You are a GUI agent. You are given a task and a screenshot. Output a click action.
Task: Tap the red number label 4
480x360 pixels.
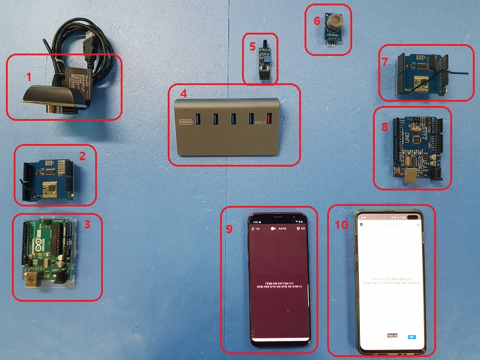183,93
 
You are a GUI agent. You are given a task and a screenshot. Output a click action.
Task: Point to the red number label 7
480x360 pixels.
384,62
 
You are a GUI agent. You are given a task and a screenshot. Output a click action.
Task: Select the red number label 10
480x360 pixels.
341,224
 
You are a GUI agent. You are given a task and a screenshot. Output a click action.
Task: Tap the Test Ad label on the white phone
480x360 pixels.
392,336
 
